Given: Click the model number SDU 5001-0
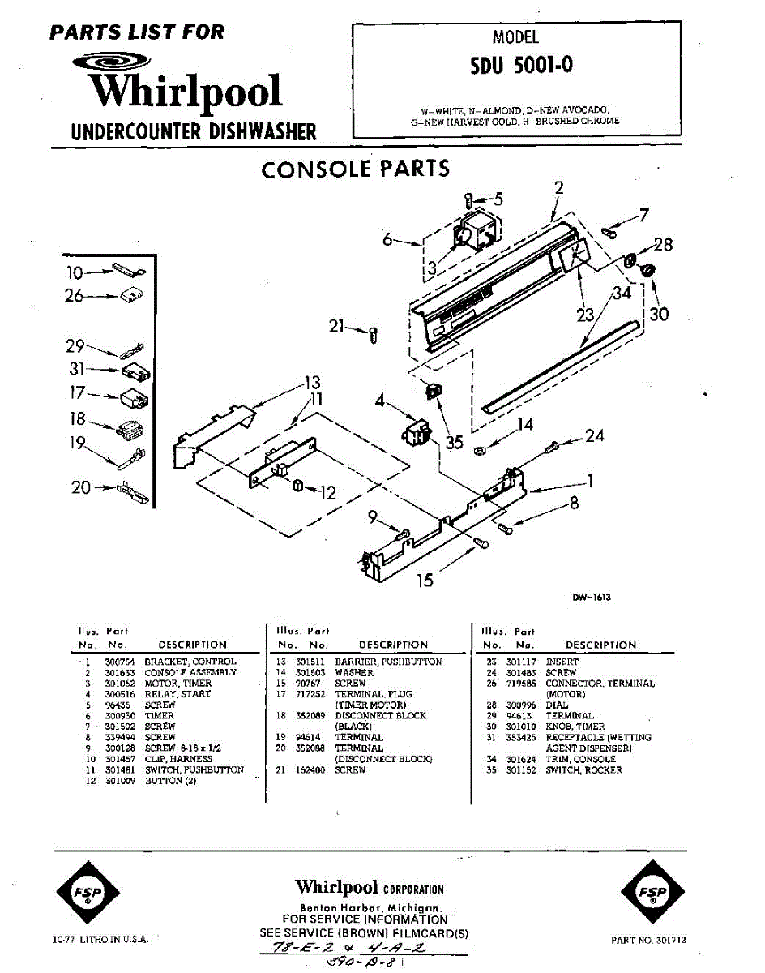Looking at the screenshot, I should click(x=521, y=65).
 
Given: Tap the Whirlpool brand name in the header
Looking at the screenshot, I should click(x=186, y=90).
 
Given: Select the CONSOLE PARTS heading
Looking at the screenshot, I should click(x=355, y=169).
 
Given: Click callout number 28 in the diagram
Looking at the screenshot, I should click(x=663, y=245).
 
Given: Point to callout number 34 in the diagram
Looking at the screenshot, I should click(x=622, y=294).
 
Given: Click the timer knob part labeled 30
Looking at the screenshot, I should click(x=647, y=269).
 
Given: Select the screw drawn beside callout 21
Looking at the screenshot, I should click(x=373, y=332).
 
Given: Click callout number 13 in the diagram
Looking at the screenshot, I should click(x=313, y=382).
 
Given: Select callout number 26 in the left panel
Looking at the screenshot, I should click(x=74, y=297).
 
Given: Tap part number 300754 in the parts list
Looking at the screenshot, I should click(x=116, y=662).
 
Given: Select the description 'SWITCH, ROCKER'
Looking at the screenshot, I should click(x=584, y=769).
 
